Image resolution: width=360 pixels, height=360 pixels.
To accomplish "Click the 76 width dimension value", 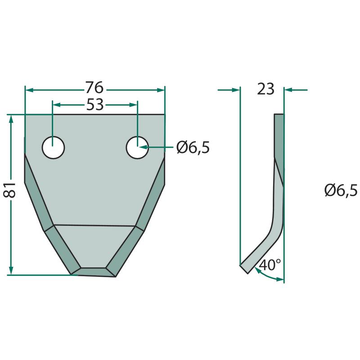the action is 94,87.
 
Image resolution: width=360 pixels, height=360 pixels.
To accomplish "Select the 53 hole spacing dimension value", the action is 95,105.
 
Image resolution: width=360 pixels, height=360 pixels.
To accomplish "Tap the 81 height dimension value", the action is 9,190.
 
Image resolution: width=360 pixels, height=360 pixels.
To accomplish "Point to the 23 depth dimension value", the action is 265,89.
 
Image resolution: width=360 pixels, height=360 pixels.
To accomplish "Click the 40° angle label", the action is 270,265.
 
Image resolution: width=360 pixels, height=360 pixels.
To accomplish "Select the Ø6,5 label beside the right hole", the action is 193,147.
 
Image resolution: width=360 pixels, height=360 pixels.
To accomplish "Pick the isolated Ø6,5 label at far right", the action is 341,190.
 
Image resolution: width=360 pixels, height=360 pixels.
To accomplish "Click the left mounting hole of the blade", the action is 53,148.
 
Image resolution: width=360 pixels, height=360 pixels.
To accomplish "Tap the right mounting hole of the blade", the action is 137,148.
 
